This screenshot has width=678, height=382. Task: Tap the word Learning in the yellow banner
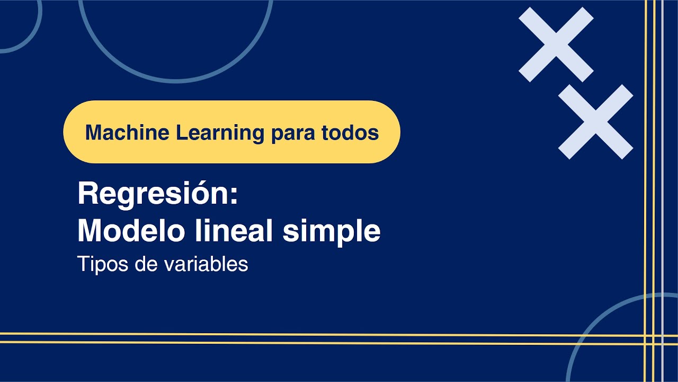220,133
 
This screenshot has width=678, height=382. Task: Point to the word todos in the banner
350,133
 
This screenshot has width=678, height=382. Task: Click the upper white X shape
556,45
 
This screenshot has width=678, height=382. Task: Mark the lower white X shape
595,121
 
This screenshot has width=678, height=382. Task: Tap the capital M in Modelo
91,231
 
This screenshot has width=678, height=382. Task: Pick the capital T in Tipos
83,264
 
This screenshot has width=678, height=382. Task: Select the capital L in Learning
181,132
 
